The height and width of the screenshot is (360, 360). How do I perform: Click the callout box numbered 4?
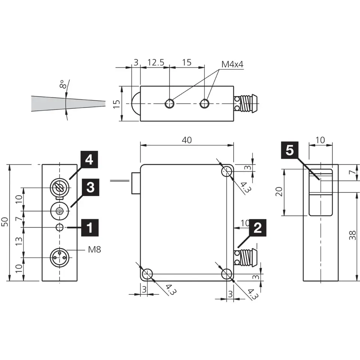click(89, 159)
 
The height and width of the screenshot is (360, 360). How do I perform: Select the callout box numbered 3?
click(90, 187)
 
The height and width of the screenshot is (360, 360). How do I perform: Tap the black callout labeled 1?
click(90, 228)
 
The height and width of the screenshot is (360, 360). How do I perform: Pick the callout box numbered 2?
click(258, 228)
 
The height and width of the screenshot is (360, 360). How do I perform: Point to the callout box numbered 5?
click(289, 150)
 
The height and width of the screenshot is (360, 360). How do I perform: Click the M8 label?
click(94, 249)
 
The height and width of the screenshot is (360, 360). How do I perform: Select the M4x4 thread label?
click(232, 64)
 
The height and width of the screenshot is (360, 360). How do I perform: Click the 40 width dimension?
click(187, 140)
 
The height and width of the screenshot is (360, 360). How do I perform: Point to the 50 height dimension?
click(5, 222)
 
